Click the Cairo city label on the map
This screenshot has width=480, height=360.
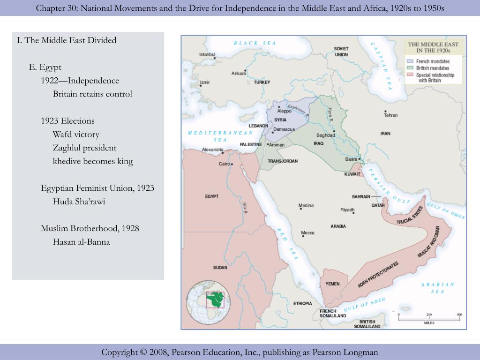(x=224, y=164)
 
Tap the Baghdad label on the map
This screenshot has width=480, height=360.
(x=326, y=135)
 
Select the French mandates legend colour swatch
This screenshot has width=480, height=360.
(x=410, y=61)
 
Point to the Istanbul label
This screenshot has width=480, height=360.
(x=207, y=54)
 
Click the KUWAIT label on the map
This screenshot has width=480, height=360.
(x=352, y=174)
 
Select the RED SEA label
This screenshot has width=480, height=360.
(x=287, y=244)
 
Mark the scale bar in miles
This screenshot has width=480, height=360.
(x=429, y=318)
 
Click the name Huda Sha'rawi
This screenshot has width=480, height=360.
(x=79, y=202)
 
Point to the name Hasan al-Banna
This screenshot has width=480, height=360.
(x=81, y=242)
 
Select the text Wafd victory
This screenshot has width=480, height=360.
(x=76, y=135)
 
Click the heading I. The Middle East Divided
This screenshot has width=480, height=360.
(x=67, y=40)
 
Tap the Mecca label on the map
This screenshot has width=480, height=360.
(x=307, y=233)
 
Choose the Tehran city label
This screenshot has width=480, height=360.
(x=390, y=115)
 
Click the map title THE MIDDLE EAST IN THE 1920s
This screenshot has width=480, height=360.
(x=433, y=47)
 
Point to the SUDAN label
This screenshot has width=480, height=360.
(x=220, y=268)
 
